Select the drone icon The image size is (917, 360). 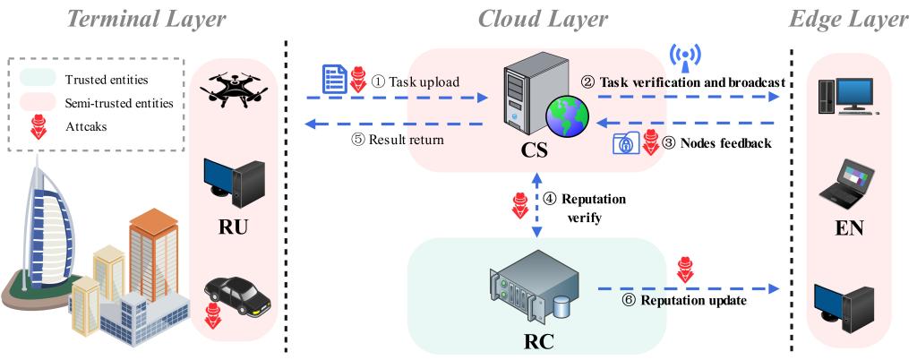pos(240,88)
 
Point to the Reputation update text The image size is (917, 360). pos(690,300)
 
